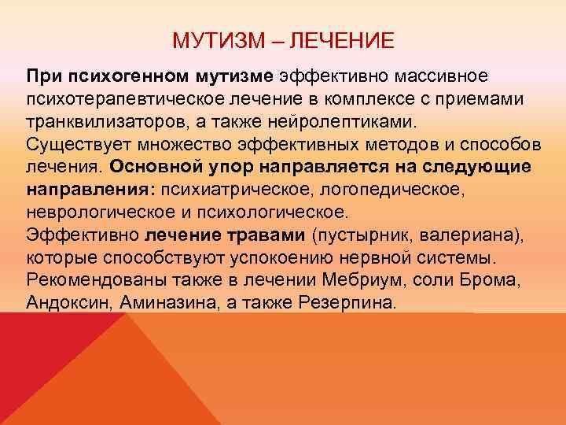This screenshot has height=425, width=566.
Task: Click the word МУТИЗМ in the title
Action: (x=207, y=39)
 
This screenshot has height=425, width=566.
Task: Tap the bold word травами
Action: (x=272, y=236)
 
